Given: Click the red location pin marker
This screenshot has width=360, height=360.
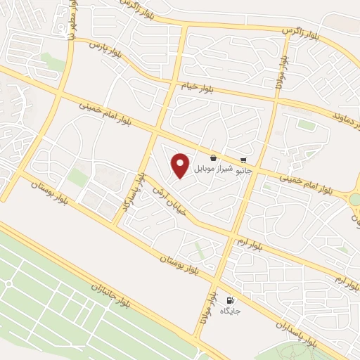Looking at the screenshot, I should click(181, 165).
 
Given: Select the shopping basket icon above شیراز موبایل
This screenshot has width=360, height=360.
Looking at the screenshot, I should click(213, 158).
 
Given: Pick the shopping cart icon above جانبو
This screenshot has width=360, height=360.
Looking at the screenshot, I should click(243, 160).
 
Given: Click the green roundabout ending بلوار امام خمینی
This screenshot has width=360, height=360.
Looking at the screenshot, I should click(355, 200).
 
